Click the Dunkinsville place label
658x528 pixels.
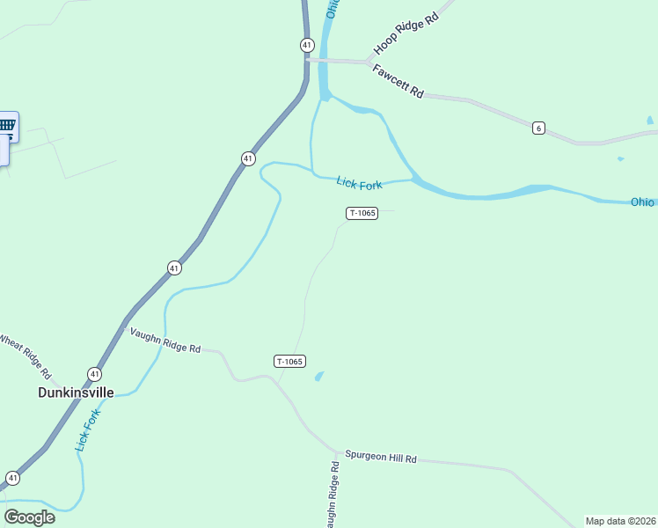tap(76, 392)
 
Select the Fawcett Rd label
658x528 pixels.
tap(398, 81)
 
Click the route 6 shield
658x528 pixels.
tap(538, 128)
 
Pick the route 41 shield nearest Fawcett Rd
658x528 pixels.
tap(306, 44)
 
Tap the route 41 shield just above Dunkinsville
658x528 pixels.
tap(94, 374)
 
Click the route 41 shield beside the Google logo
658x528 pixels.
tap(12, 478)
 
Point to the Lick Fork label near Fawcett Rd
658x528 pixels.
tap(359, 183)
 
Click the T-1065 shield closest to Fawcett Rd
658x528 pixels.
tap(362, 213)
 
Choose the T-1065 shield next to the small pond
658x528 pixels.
tap(289, 361)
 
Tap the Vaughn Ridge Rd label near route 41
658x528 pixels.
tap(165, 341)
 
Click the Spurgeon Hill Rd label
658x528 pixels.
tap(380, 459)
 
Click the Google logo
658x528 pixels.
tap(30, 517)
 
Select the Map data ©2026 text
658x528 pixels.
tap(621, 521)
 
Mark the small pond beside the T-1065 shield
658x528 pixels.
tap(318, 377)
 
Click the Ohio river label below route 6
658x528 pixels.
tap(642, 202)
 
